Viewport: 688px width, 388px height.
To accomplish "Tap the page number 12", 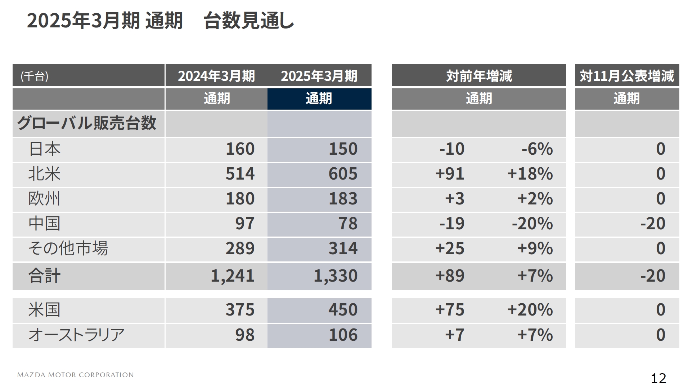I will (x=658, y=378).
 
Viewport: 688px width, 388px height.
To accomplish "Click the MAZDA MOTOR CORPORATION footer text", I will (x=75, y=375).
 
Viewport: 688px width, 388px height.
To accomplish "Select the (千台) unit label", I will (x=35, y=76).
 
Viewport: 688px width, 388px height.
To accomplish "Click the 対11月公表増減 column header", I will (x=627, y=76).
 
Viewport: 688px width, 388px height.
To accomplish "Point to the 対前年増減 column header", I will (x=479, y=76).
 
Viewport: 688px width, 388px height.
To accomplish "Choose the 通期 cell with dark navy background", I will (x=319, y=98).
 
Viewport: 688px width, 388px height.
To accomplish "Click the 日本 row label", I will (x=44, y=149).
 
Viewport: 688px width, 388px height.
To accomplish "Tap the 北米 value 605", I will (x=343, y=174).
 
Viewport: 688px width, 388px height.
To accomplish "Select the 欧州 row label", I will (x=44, y=199).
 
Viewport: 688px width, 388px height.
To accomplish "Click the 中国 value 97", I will (x=245, y=224).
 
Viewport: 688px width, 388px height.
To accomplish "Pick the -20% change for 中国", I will (x=532, y=224).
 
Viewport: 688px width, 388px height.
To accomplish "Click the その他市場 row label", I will (x=68, y=248).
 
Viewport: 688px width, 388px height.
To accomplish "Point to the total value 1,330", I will (x=336, y=276).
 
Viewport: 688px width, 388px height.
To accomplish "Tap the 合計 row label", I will (x=44, y=276).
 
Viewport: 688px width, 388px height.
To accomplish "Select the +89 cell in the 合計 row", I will (x=450, y=276).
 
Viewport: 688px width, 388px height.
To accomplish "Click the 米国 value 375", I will (x=240, y=310).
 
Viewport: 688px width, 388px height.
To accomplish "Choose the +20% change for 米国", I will (x=530, y=310).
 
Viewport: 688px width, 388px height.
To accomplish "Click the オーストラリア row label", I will (x=76, y=335).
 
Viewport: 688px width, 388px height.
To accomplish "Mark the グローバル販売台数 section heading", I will (x=86, y=123).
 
